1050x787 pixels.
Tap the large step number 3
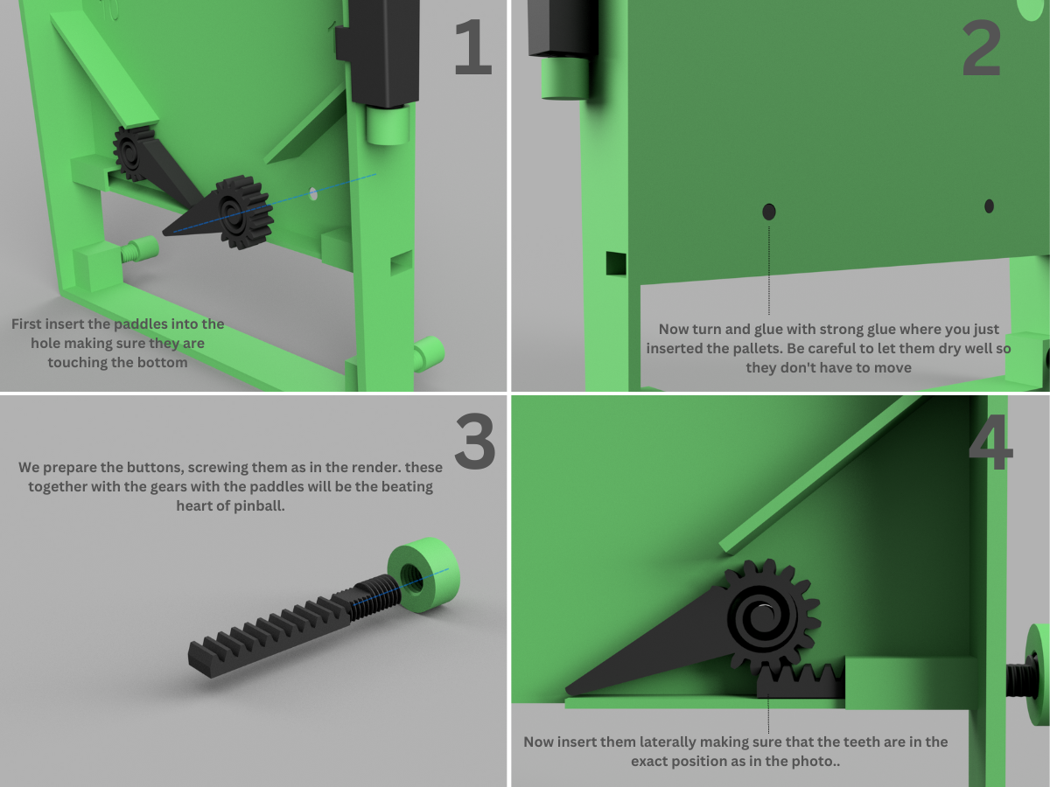pyautogui.click(x=474, y=442)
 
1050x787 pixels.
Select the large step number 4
pyautogui.click(x=990, y=445)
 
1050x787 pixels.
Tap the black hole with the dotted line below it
pyautogui.click(x=769, y=212)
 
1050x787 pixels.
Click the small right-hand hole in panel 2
pyautogui.click(x=989, y=206)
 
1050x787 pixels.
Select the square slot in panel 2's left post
pyautogui.click(x=616, y=262)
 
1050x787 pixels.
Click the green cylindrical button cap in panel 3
pyautogui.click(x=424, y=573)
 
